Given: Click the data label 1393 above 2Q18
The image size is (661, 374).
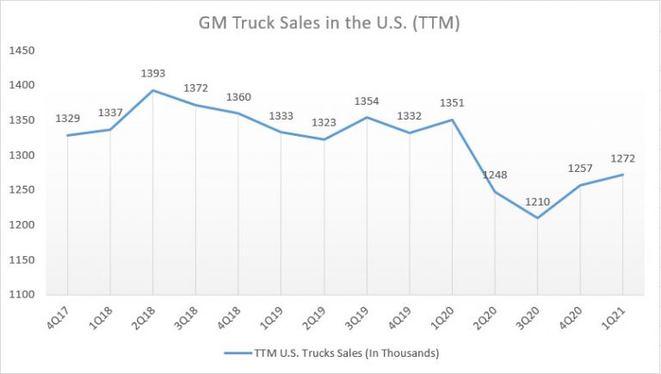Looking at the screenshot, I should (152, 73).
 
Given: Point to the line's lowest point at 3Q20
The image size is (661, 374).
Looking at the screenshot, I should (537, 218).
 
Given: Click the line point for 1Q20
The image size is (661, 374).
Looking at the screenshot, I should (452, 120).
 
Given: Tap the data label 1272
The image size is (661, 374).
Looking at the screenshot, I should (622, 158).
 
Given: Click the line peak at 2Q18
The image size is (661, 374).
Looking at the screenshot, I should (152, 90).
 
